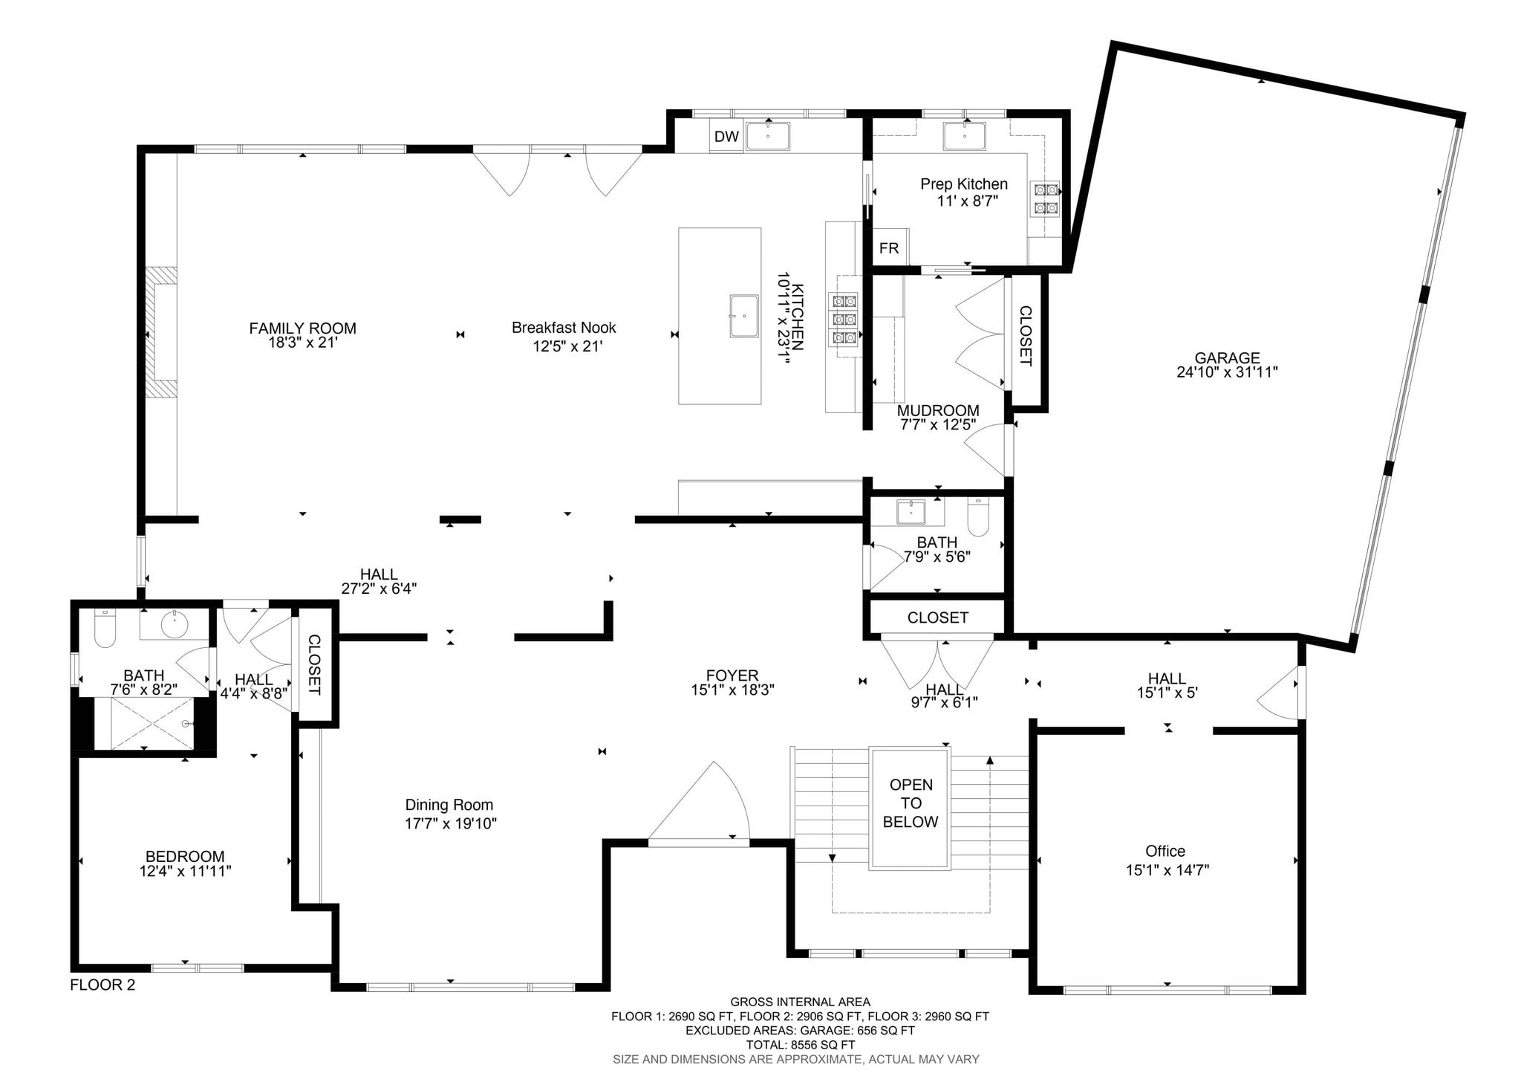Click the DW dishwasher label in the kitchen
[x=726, y=137]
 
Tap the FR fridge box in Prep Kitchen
[x=889, y=248]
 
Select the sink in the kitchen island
[x=744, y=316]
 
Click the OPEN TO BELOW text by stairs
[x=911, y=803]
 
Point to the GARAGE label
[x=1227, y=358]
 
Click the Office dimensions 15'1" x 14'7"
[x=1167, y=870]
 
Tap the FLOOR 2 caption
[x=102, y=985]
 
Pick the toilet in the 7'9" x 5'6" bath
[x=979, y=516]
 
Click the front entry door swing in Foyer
[x=702, y=806]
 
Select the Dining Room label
[x=449, y=805]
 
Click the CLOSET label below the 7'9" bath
[x=937, y=618]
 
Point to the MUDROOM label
[x=938, y=411]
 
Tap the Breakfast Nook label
[x=564, y=328]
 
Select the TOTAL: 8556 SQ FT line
[x=800, y=1045]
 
